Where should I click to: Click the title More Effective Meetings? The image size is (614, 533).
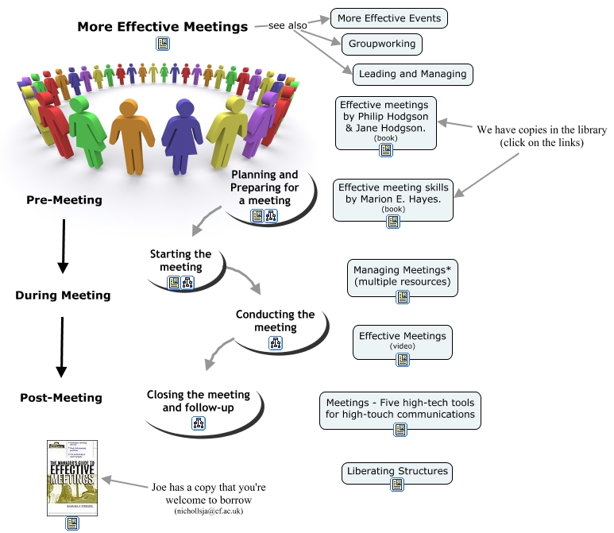(x=163, y=27)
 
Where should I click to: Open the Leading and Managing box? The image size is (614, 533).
(x=412, y=74)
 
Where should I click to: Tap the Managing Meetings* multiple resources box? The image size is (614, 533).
(x=402, y=276)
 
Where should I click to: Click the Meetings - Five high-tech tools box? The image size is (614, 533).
(x=400, y=408)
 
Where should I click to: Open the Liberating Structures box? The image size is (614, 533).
(x=397, y=471)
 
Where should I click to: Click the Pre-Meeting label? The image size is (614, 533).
(x=64, y=200)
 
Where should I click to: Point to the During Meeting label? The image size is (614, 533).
(x=63, y=295)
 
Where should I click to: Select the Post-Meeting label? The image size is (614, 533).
(x=61, y=397)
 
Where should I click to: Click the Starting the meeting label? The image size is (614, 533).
(x=181, y=261)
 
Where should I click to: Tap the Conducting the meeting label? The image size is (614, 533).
(x=275, y=321)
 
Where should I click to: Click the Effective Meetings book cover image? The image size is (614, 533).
(x=72, y=476)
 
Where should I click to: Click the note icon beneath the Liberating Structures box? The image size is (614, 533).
(x=397, y=485)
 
